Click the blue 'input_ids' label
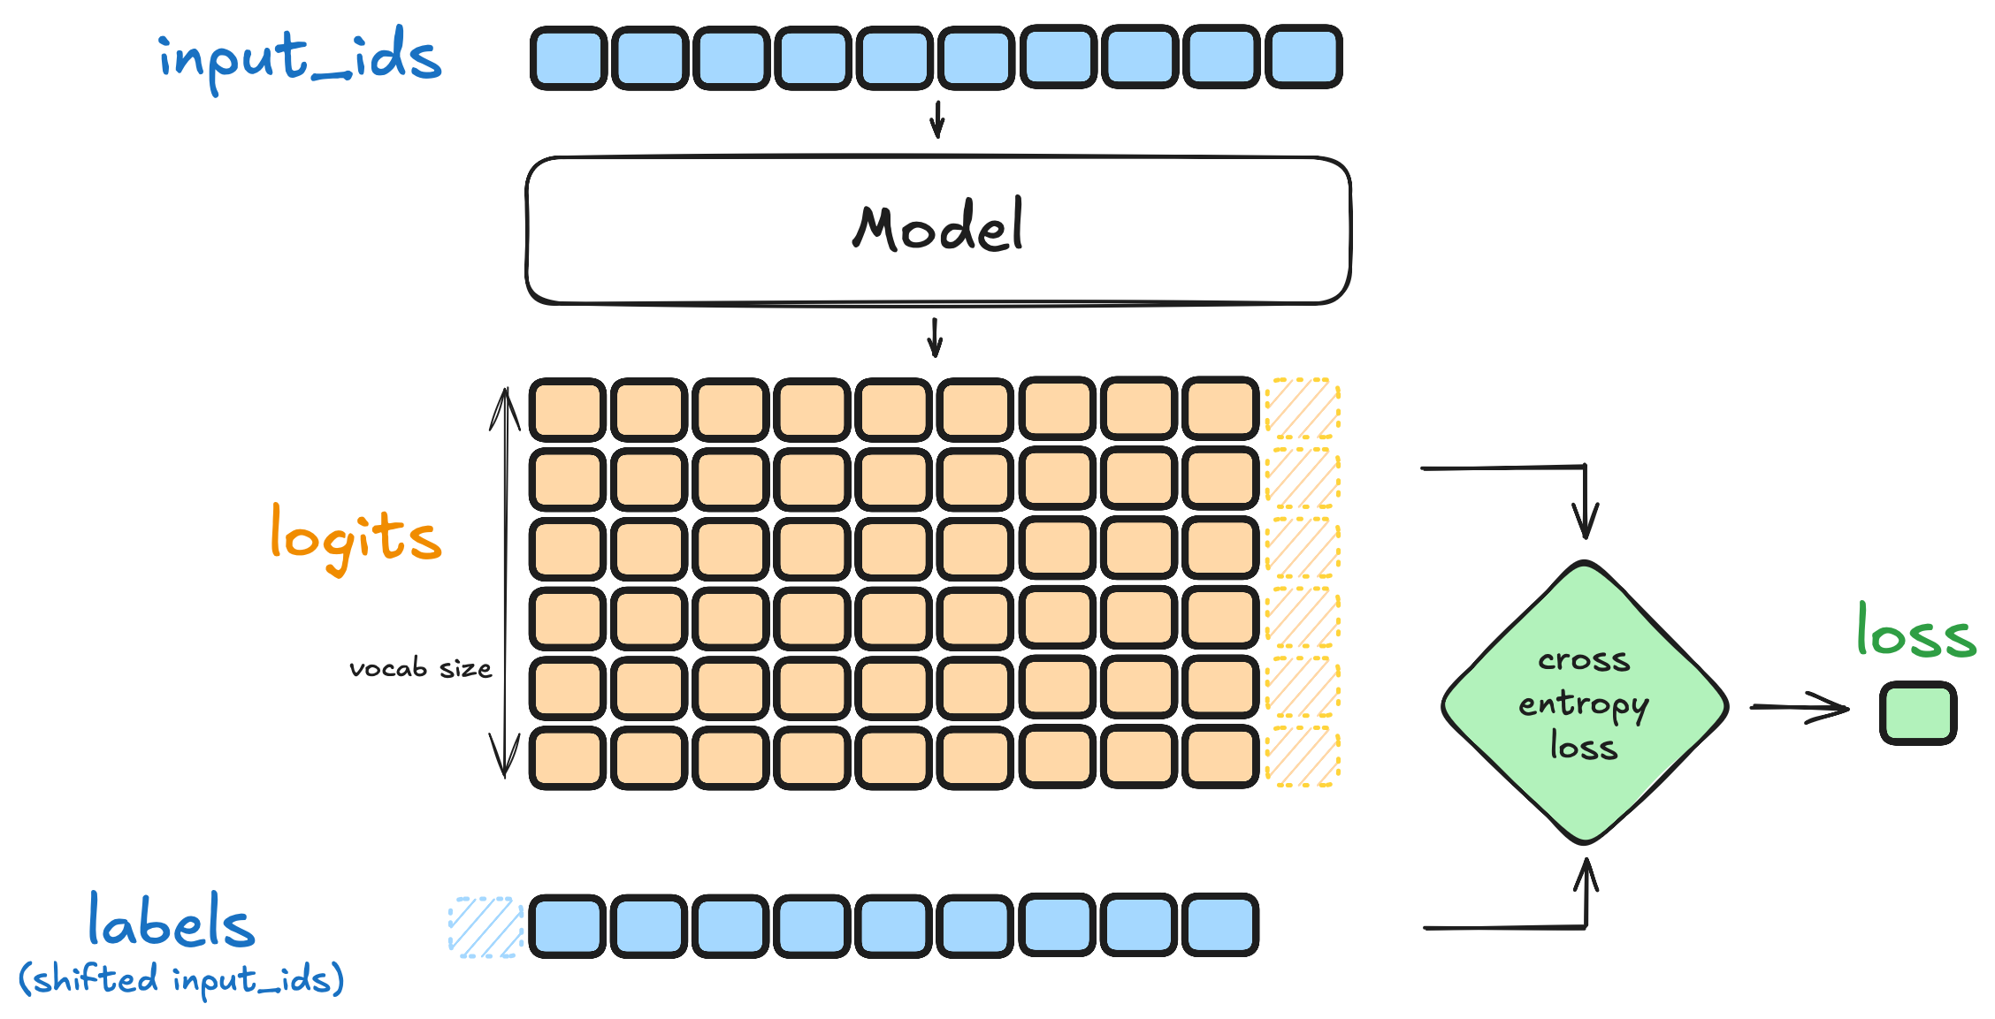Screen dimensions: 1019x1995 [x=300, y=57]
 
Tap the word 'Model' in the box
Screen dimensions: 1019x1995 [x=938, y=227]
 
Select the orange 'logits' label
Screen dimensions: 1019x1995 [x=355, y=537]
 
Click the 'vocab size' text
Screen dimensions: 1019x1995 [x=420, y=668]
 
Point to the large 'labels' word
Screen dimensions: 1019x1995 [x=172, y=922]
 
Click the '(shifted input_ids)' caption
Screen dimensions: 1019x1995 [x=181, y=979]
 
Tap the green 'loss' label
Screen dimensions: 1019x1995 [x=1915, y=631]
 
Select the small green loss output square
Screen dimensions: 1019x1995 [x=1917, y=712]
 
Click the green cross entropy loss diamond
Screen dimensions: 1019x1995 [x=1584, y=703]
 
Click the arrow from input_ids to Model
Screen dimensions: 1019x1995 [x=937, y=119]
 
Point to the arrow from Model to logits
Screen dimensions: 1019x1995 [x=936, y=338]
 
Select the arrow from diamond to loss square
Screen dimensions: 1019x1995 [x=1800, y=707]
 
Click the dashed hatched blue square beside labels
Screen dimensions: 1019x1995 [x=485, y=927]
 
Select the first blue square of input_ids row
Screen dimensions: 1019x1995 [x=569, y=58]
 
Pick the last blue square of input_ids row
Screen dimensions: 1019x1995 [x=1303, y=58]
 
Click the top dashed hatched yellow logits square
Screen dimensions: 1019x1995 [x=1303, y=408]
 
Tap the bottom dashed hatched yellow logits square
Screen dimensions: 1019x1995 [x=1303, y=757]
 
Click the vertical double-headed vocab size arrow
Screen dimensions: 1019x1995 [x=506, y=583]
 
